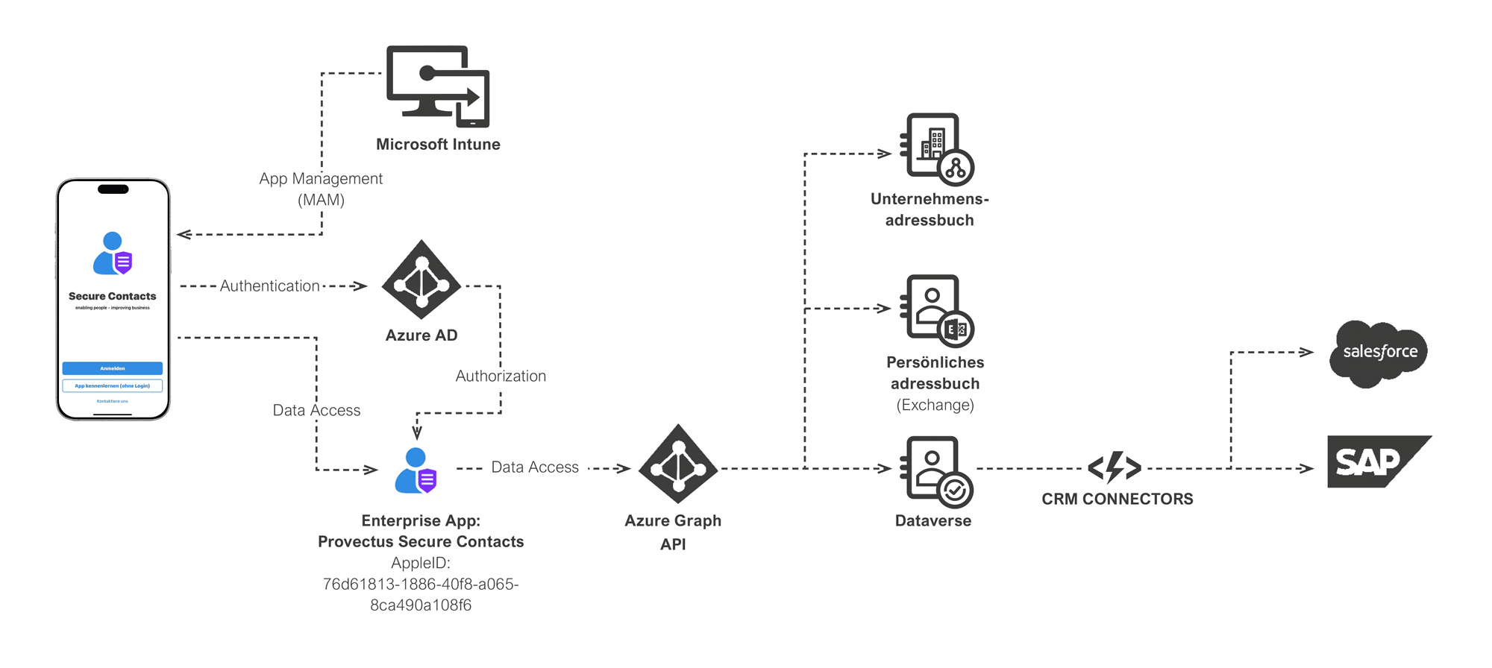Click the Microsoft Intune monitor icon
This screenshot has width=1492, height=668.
coord(437,86)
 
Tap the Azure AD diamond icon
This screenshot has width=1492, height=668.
coord(421,280)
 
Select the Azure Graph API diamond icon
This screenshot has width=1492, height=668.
coord(678,464)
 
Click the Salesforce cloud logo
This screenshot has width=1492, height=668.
coord(1379,353)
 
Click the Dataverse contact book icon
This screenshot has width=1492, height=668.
coord(936,471)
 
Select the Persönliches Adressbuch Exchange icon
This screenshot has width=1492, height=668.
coord(936,310)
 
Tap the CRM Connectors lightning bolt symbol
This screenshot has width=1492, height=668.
coord(1115,467)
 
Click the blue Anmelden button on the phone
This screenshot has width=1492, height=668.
coord(113,368)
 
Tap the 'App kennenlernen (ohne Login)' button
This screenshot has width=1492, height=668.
coord(113,385)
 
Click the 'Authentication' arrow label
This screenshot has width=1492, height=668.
coord(269,286)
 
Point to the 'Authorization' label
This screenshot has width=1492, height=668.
coord(501,376)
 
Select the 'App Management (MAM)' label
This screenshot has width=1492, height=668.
coord(321,189)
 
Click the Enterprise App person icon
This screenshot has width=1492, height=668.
coord(416,470)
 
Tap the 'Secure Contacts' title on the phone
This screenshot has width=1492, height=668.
coord(113,296)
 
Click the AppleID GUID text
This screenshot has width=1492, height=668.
coord(421,594)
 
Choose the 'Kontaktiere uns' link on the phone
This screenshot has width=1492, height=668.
coord(113,401)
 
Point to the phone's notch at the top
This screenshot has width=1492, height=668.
coord(113,189)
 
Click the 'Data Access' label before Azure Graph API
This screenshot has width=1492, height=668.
coord(535,467)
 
